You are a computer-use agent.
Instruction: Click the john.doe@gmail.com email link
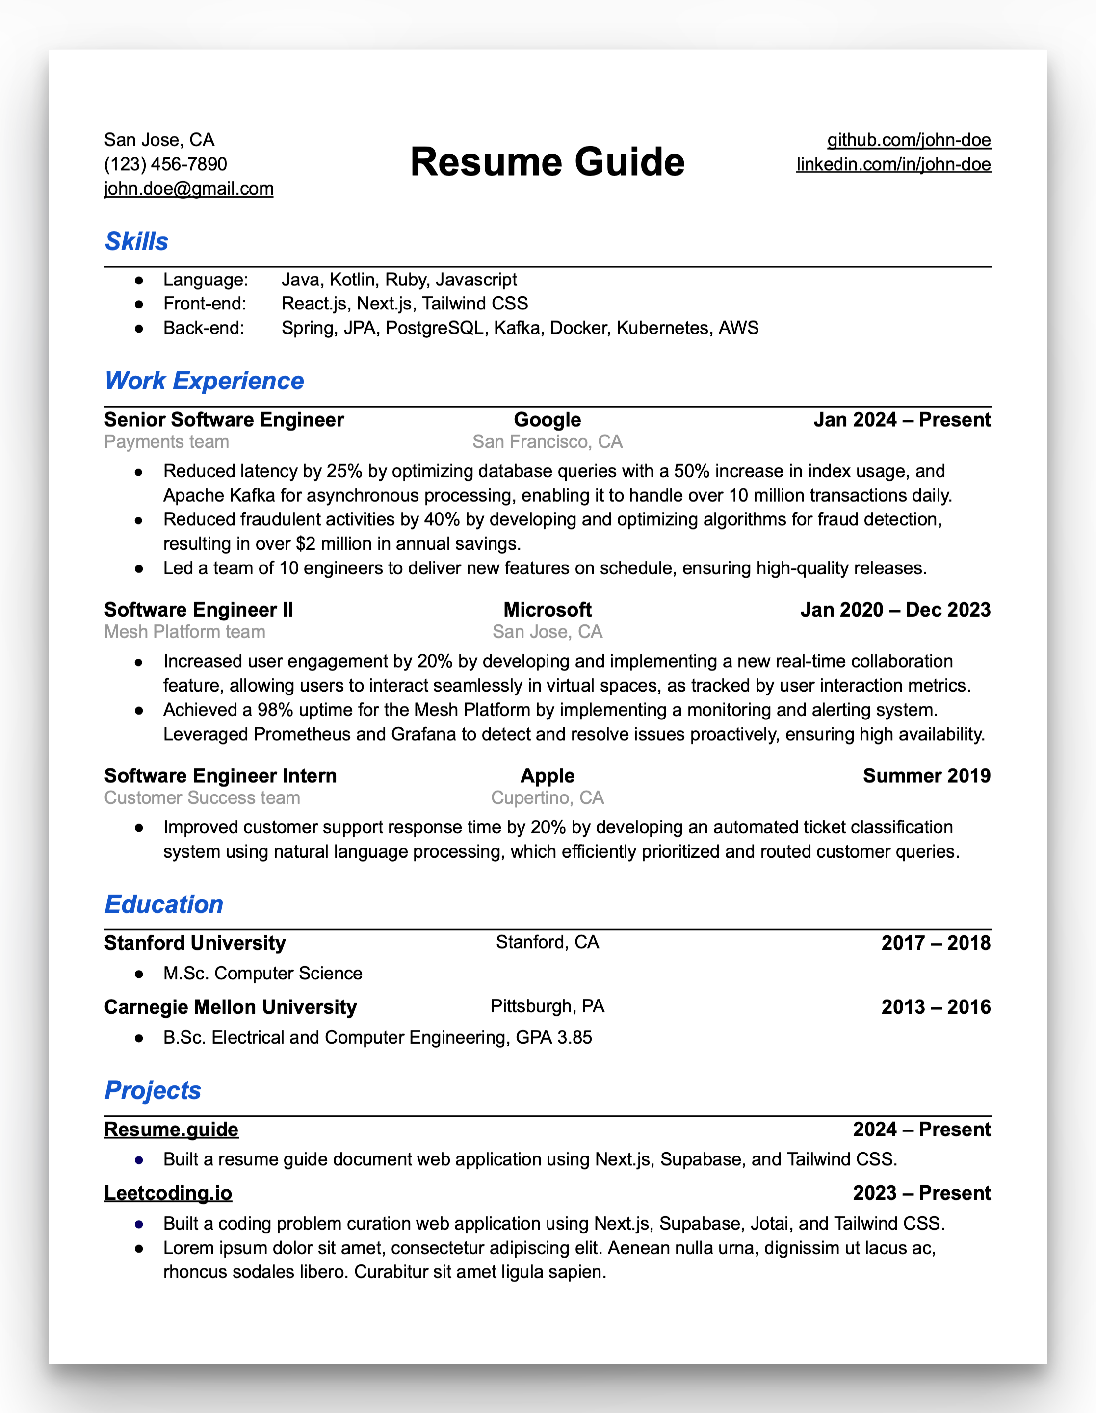[188, 189]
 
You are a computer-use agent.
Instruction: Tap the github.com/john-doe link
[909, 140]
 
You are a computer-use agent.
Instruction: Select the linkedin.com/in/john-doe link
[893, 164]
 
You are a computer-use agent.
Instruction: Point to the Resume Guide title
[548, 162]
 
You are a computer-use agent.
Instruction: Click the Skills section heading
[136, 241]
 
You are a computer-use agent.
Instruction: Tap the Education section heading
[164, 904]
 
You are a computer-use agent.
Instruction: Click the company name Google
[548, 420]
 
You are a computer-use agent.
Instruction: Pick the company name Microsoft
[548, 610]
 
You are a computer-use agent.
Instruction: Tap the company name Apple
[548, 776]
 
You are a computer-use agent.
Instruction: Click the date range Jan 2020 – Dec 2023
[895, 610]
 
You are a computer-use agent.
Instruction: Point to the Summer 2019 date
[926, 776]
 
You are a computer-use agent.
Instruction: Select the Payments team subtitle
[166, 442]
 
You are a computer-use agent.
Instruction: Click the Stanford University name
[195, 943]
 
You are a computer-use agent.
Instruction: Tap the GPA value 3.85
[574, 1038]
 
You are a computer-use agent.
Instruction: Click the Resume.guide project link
[171, 1129]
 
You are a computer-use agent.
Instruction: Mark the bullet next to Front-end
[138, 304]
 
